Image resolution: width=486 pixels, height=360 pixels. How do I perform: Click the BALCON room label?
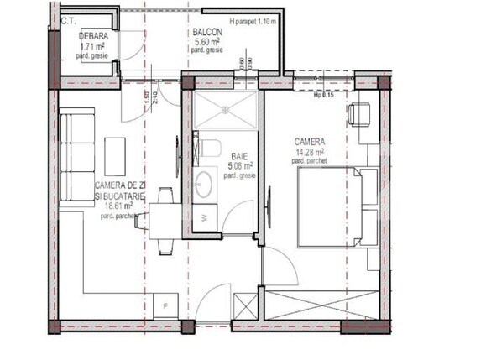[201, 31]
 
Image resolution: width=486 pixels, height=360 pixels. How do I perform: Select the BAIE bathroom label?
[237, 155]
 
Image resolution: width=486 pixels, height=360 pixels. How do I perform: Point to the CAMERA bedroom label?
[310, 142]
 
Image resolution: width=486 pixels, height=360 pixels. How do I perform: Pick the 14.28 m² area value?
[309, 151]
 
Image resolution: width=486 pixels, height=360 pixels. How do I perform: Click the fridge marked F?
[167, 305]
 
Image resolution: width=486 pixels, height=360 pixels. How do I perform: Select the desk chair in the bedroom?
[361, 112]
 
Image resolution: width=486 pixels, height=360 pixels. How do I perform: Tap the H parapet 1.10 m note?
[253, 22]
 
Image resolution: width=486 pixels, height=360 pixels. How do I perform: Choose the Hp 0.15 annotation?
[325, 95]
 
